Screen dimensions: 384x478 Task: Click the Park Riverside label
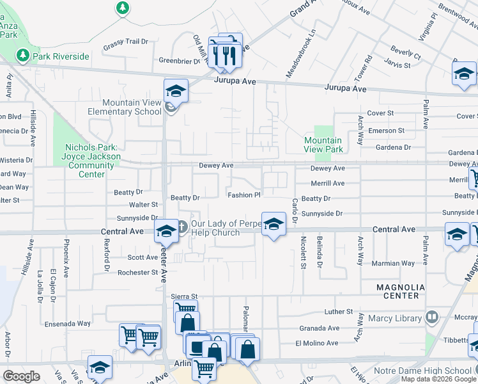click(61, 56)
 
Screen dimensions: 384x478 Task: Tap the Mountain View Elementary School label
click(132, 107)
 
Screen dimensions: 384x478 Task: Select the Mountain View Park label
click(323, 145)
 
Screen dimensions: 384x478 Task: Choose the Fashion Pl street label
click(243, 195)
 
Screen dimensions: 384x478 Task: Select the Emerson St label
click(386, 131)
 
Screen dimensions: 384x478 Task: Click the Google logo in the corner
click(22, 376)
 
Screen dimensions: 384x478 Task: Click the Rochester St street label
click(137, 272)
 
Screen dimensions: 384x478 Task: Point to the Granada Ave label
click(319, 328)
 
